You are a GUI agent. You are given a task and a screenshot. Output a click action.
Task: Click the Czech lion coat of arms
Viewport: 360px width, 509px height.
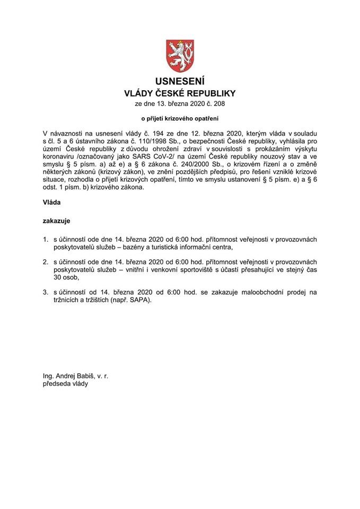pos(180,55)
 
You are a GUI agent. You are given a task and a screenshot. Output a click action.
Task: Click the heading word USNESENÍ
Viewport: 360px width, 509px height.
pos(180,82)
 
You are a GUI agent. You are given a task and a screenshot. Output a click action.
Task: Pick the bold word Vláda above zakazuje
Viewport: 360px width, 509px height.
pos(52,202)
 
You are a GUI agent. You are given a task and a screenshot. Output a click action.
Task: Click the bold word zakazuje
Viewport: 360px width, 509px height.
pos(57,220)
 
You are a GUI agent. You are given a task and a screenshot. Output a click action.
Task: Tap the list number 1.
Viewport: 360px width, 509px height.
pos(46,240)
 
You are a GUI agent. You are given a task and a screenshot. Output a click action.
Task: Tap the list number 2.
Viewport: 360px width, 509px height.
pos(46,262)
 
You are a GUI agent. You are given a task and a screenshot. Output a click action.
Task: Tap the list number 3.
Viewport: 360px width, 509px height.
pos(46,292)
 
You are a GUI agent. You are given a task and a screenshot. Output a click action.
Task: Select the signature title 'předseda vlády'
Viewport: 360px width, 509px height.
pos(66,384)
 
